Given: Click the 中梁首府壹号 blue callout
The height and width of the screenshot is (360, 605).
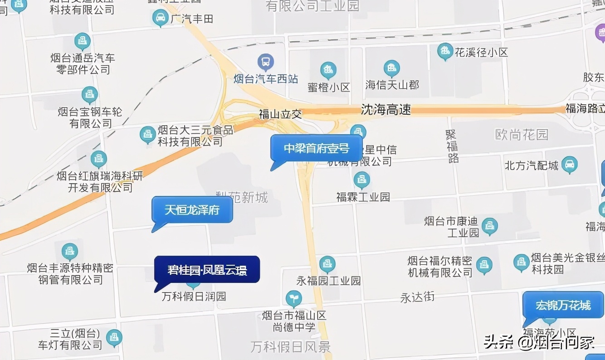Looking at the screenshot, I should pyautogui.click(x=317, y=148).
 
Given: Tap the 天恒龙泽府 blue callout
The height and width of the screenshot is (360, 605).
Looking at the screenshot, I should pyautogui.click(x=192, y=210).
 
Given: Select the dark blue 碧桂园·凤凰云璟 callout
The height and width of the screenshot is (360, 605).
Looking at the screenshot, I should pyautogui.click(x=207, y=270).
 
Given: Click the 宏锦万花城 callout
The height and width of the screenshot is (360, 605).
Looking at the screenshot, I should pyautogui.click(x=563, y=305).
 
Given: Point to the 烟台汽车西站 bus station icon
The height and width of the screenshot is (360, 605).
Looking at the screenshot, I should pyautogui.click(x=265, y=62).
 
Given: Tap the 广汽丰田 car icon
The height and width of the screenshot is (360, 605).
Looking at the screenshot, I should pyautogui.click(x=160, y=18).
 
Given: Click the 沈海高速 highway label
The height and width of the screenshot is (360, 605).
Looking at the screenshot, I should pyautogui.click(x=386, y=109).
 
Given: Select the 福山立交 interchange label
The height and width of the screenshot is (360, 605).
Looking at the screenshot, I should pyautogui.click(x=280, y=114).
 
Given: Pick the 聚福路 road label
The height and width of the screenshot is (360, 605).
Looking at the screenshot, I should pyautogui.click(x=452, y=146).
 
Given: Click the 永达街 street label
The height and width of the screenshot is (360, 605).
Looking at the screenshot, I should pyautogui.click(x=417, y=297).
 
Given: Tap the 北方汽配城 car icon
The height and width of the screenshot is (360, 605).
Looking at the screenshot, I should pyautogui.click(x=569, y=165).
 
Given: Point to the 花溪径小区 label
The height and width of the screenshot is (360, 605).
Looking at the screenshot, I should pyautogui.click(x=481, y=52).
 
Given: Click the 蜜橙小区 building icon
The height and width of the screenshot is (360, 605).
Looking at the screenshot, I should pyautogui.click(x=328, y=70).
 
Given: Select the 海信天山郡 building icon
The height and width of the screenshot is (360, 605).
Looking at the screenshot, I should pyautogui.click(x=391, y=68).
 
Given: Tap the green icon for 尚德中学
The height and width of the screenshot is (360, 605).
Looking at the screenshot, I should pyautogui.click(x=294, y=298).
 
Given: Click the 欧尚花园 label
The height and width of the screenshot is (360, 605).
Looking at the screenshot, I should pyautogui.click(x=521, y=134).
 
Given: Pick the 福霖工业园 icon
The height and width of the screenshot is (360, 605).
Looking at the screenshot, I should pyautogui.click(x=361, y=180).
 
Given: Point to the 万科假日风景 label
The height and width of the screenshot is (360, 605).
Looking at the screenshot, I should pyautogui.click(x=291, y=347).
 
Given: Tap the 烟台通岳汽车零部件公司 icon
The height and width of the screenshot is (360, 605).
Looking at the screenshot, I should pyautogui.click(x=83, y=41).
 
